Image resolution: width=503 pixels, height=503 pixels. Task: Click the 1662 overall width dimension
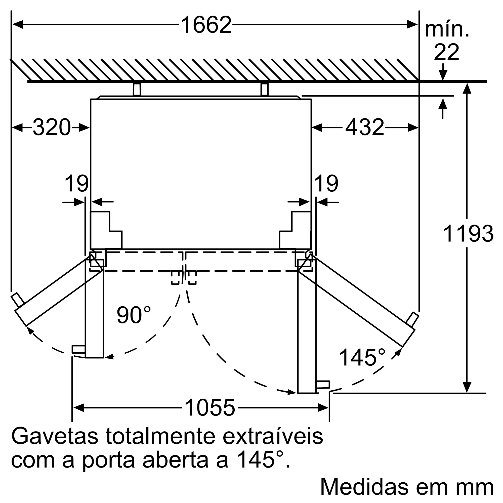(206, 25)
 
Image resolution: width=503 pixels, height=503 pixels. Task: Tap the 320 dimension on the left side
(52, 127)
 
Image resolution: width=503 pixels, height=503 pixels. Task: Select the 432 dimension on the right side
(364, 127)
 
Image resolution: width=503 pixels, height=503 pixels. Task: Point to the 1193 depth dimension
(468, 234)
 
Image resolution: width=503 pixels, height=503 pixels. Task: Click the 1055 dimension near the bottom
(209, 408)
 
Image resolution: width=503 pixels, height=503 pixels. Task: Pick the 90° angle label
(134, 315)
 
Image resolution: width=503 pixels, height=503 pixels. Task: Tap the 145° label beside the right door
(362, 357)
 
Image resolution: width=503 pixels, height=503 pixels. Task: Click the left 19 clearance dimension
(76, 184)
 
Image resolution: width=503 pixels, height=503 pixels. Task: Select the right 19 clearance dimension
(326, 184)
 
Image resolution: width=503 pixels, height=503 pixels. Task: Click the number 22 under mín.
(446, 52)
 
